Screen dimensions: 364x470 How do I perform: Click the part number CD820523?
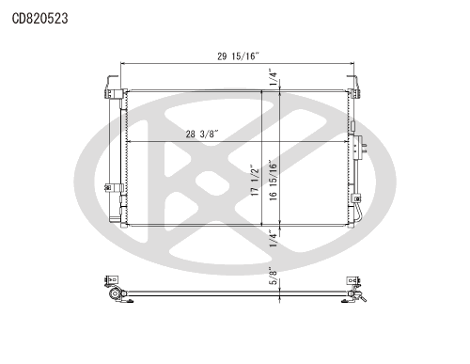coord(39,17)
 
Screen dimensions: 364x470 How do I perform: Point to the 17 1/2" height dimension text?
coord(253,180)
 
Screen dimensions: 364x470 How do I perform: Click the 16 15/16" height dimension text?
coord(273,180)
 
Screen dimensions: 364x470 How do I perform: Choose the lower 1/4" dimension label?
coord(273,237)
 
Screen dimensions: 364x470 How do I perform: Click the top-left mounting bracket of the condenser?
coord(110,88)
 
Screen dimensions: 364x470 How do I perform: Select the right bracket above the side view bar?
coord(354,281)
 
